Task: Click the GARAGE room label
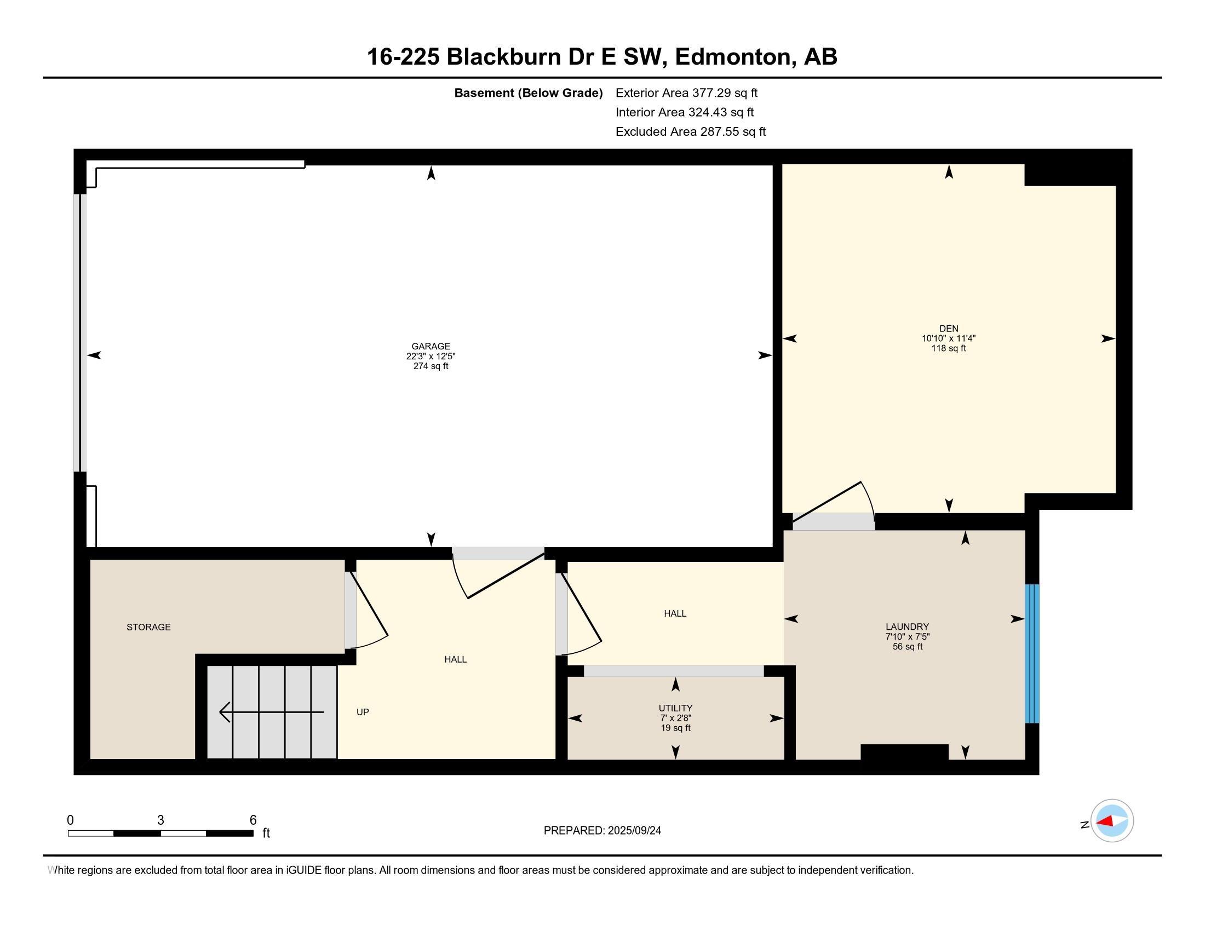click(431, 346)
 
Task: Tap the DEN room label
click(949, 329)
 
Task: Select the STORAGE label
click(148, 627)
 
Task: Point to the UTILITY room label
click(675, 708)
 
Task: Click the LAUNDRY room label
click(907, 627)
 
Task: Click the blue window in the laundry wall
click(1032, 653)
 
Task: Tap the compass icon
click(1112, 821)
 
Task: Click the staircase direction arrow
click(272, 712)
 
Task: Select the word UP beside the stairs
click(363, 712)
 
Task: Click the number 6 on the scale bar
click(253, 820)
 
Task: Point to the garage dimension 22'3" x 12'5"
click(431, 357)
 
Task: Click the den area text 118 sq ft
click(949, 348)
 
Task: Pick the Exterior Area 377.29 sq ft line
click(686, 93)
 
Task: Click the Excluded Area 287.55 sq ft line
click(691, 131)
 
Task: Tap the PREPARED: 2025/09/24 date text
click(602, 831)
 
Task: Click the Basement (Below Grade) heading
click(528, 93)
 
